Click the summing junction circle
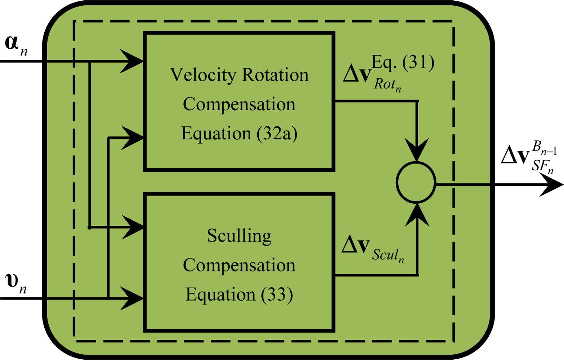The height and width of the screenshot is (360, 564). [416, 183]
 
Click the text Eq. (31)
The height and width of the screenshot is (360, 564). [403, 62]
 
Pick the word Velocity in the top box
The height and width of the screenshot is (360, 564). [203, 75]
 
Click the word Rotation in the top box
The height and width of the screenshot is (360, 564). [275, 75]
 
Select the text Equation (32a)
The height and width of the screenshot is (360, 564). [239, 134]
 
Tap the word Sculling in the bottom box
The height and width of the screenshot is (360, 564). [239, 236]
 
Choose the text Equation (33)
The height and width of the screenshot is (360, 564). [239, 294]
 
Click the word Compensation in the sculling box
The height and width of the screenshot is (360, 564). [239, 265]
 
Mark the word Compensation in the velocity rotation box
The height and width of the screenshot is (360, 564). [239, 104]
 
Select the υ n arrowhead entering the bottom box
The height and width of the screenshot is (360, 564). [133, 298]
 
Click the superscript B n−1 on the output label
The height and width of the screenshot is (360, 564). [544, 148]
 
